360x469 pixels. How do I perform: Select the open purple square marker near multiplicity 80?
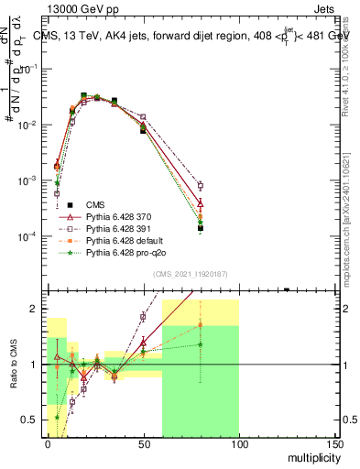pos(200,186)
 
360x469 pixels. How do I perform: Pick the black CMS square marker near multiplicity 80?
pos(200,228)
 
